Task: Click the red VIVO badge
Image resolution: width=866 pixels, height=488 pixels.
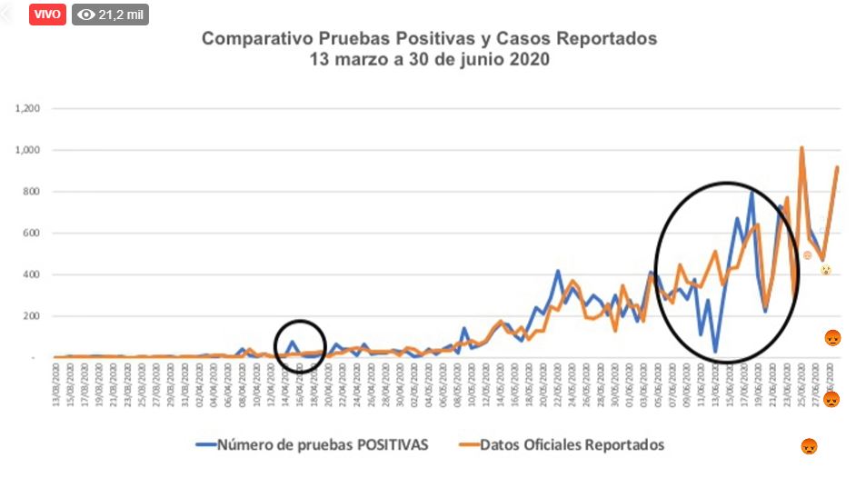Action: click(x=47, y=15)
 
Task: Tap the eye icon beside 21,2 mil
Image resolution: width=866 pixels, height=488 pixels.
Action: click(x=86, y=15)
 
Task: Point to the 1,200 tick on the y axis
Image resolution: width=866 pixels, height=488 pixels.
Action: click(x=27, y=108)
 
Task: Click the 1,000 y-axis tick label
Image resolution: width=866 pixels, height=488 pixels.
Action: click(x=27, y=150)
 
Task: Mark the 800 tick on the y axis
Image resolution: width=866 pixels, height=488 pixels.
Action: click(x=31, y=192)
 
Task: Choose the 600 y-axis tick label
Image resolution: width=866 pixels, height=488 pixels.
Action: click(x=31, y=233)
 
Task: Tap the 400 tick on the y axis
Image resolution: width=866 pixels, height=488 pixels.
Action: click(x=31, y=274)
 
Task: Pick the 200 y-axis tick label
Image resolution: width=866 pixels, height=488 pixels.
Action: click(x=31, y=316)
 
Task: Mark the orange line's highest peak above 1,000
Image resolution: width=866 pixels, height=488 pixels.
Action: click(x=801, y=147)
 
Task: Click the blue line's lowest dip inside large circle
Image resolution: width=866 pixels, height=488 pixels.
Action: click(x=715, y=351)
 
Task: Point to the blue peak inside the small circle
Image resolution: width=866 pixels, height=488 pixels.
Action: click(x=293, y=342)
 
